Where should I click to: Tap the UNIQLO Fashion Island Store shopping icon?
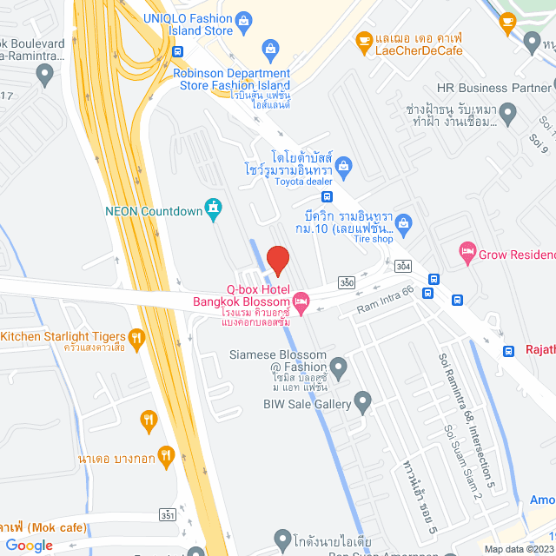[x=244, y=18]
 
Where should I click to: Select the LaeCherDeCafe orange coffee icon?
[x=364, y=39]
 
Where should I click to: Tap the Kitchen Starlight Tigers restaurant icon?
[x=136, y=337]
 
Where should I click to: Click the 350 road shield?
[x=347, y=282]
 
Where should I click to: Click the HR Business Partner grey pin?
[x=546, y=87]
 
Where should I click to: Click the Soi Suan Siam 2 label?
[x=462, y=461]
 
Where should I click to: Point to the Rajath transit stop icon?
[x=508, y=351]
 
